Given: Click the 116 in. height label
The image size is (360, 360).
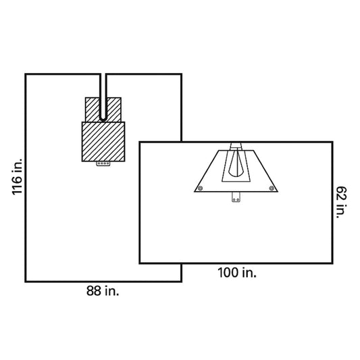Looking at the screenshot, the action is coord(17,176).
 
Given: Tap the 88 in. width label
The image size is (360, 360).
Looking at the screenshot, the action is coord(103,290).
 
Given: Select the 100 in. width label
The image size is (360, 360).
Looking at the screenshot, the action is coord(237,273).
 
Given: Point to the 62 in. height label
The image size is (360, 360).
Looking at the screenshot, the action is coord(341,202).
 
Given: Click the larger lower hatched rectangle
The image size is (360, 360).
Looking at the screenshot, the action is coord(103,142).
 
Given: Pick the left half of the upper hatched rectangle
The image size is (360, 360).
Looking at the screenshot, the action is coord(93,109).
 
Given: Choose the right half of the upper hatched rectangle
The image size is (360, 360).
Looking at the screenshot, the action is coord(114,109).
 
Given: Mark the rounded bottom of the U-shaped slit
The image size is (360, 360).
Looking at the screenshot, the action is coord(103,119).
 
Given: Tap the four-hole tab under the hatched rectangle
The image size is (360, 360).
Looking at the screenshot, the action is coord(103,163).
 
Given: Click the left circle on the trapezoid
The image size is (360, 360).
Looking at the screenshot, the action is coord(200,188).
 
